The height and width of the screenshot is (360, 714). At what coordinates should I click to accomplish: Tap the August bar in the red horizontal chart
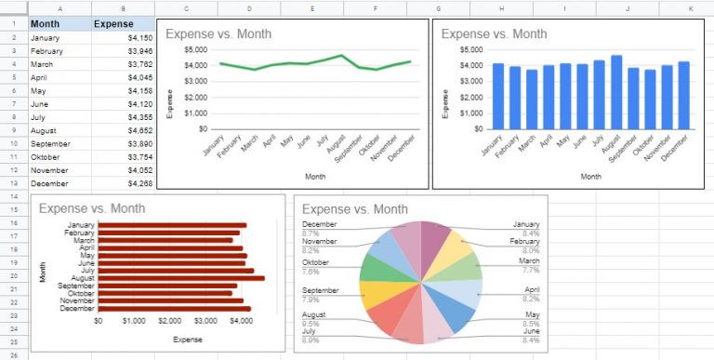tap(181, 277)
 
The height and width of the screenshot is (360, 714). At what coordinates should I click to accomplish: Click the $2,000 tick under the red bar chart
tap(170, 321)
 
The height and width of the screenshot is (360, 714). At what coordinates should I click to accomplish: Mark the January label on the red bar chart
tap(80, 225)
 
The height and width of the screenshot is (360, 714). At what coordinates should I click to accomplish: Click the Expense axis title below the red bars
tap(189, 340)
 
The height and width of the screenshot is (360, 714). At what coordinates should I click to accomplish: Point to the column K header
tap(690, 8)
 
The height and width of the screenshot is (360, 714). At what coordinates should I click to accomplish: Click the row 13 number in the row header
tap(15, 184)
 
